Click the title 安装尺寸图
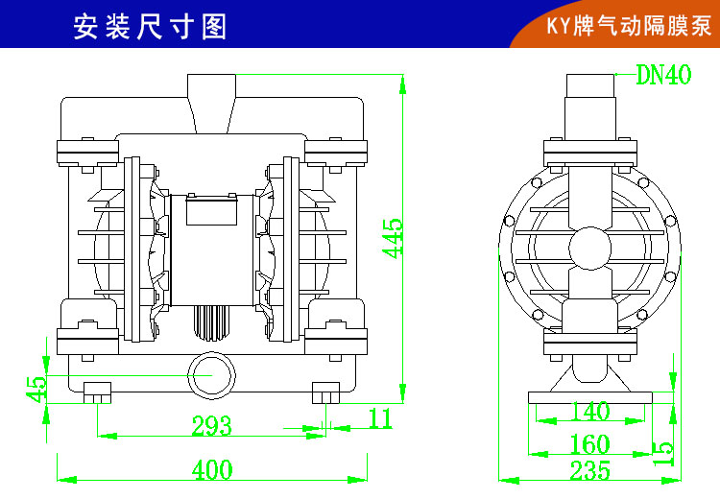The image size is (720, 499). point(150,26)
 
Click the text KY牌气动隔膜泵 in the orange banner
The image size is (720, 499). point(629,26)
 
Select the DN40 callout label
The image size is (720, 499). point(663,76)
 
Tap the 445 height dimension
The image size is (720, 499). point(393,239)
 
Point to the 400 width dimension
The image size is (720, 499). point(211,470)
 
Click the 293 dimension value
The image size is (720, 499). point(211,425)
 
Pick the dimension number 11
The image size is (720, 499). point(380,417)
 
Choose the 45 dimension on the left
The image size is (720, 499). point(36,388)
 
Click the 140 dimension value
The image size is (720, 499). point(589,412)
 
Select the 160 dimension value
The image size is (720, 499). point(589,444)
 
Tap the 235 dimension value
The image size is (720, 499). point(589,470)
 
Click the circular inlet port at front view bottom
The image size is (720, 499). point(210,373)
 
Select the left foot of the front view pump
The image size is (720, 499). point(97,393)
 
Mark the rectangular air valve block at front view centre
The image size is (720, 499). point(211,208)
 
